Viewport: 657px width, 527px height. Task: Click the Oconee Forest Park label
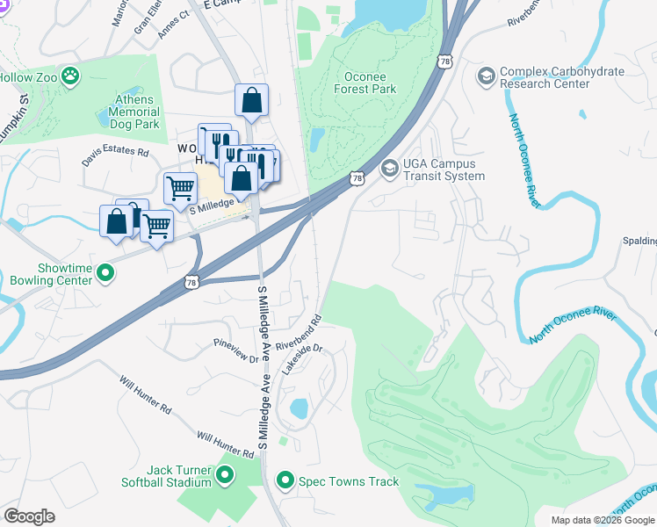pos(365,83)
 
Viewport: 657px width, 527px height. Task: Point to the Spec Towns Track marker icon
pos(285,481)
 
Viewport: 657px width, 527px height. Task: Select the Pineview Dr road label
pos(236,352)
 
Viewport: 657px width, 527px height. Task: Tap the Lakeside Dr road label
pos(303,360)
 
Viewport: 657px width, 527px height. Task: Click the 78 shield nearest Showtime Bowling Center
pos(191,282)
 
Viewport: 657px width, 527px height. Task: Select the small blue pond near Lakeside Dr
pos(299,408)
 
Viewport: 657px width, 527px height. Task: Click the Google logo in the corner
pos(29,516)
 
